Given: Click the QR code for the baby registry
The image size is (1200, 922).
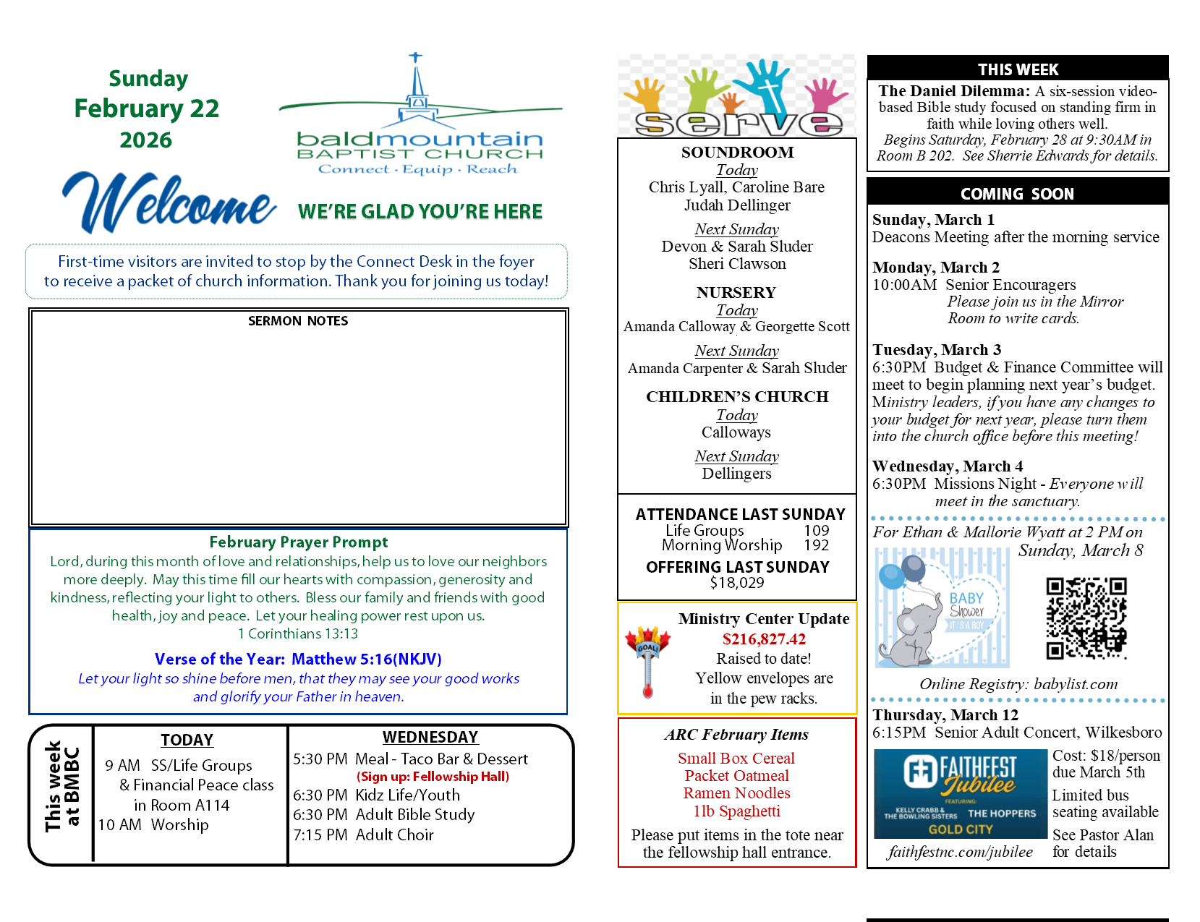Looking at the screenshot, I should tap(1086, 618).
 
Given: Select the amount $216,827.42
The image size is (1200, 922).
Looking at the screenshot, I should tap(764, 639).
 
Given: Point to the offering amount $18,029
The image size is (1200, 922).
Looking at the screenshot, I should tap(736, 583).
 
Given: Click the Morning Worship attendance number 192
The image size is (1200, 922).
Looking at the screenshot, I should tap(816, 545).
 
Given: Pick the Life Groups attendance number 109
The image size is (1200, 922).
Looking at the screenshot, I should tap(816, 531).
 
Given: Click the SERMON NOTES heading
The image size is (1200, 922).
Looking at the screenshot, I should tap(298, 321).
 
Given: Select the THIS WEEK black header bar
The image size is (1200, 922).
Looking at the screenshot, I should tap(1018, 69).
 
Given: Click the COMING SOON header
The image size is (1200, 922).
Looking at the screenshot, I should tap(1017, 194).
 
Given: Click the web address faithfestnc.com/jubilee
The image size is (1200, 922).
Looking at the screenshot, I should tap(961, 852).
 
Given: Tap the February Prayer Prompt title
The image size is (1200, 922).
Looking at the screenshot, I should tap(298, 542).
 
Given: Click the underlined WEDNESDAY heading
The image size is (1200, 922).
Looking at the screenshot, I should tap(430, 737).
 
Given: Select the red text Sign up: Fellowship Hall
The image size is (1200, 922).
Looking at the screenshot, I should tap(433, 777).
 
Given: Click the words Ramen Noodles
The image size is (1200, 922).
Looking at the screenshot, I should tap(736, 793).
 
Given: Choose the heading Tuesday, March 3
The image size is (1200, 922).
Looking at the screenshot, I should tap(937, 350).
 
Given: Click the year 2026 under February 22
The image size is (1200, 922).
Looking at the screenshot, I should tap(146, 140).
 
